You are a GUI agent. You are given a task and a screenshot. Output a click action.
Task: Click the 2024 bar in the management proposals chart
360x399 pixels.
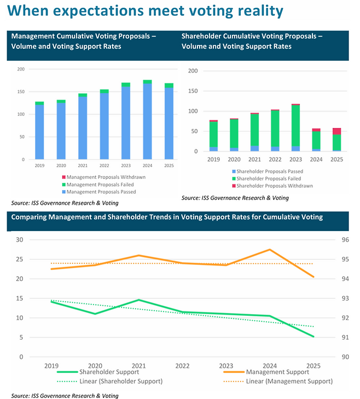click(x=147, y=120)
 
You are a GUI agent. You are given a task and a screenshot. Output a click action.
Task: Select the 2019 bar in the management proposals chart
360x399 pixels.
click(x=39, y=131)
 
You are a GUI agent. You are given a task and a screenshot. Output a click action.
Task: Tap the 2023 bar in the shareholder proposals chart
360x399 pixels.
click(x=295, y=128)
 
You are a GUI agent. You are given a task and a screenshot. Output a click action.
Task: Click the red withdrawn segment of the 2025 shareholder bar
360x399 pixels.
click(x=337, y=131)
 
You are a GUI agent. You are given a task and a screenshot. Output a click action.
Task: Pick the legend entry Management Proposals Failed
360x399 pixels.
click(x=98, y=184)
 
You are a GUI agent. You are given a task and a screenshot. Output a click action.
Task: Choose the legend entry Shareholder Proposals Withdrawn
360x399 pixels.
click(x=272, y=186)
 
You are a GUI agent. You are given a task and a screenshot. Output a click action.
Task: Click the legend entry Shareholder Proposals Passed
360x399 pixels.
click(x=268, y=171)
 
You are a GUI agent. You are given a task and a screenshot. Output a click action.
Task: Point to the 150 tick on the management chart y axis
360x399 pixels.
click(x=21, y=91)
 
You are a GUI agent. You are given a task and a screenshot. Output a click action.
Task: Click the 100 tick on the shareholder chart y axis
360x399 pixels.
click(x=193, y=111)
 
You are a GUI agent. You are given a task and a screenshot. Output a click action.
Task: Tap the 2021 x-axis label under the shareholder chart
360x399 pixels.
click(x=254, y=160)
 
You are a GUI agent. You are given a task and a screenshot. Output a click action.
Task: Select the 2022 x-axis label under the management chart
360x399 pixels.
click(x=104, y=166)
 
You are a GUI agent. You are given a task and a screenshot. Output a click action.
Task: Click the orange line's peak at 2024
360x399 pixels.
click(x=270, y=250)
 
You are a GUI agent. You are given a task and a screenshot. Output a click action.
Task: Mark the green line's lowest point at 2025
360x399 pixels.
click(x=313, y=337)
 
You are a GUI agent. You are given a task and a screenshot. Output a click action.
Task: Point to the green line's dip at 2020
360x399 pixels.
click(x=95, y=314)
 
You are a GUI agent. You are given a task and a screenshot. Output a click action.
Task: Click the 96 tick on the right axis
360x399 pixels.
click(x=345, y=240)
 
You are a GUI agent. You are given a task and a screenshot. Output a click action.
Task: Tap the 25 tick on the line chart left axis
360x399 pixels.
click(x=20, y=259)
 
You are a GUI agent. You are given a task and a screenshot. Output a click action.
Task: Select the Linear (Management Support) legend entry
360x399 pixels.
click(x=278, y=381)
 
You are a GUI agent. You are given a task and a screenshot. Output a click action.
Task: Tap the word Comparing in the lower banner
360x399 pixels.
click(x=29, y=217)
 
